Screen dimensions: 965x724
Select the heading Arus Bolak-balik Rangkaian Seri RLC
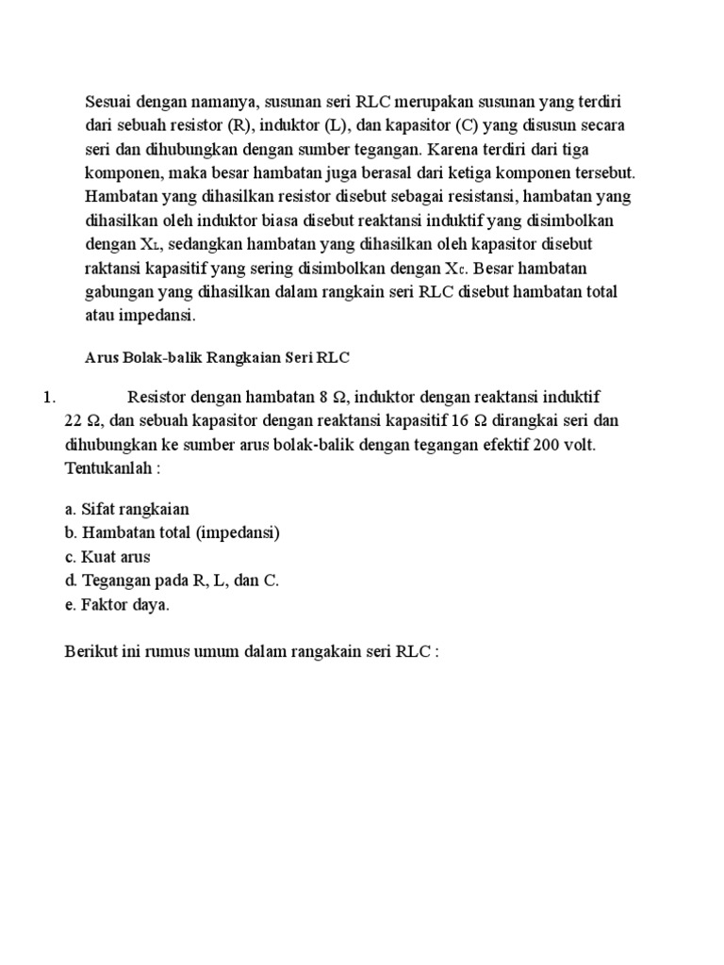[x=217, y=358]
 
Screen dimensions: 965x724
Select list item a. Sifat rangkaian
[x=127, y=509]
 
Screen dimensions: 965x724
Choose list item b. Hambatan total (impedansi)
[x=173, y=532]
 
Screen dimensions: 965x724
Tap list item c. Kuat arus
[x=107, y=557]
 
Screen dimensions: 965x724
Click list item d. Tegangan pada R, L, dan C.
[x=173, y=581]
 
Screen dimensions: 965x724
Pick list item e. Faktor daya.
[x=117, y=605]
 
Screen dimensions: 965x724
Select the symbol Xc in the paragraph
[x=456, y=270]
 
